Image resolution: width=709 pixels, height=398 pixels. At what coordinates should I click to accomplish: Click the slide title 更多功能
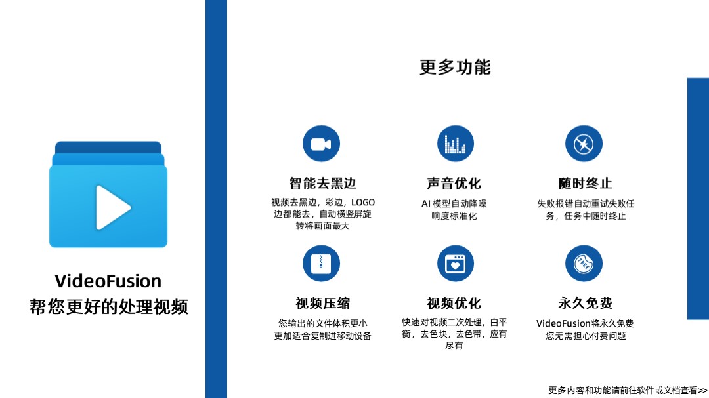(x=455, y=68)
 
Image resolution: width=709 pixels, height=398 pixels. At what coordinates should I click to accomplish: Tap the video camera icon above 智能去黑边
(x=321, y=144)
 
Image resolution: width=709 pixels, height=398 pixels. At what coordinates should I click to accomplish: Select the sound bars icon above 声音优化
(x=455, y=144)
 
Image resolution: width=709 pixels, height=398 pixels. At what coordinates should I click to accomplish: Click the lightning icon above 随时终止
(x=584, y=144)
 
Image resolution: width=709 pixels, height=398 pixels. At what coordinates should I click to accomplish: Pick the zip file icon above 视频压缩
(x=321, y=264)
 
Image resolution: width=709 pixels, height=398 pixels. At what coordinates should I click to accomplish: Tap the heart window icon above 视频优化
(x=455, y=264)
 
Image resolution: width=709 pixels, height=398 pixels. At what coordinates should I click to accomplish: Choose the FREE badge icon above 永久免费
(x=584, y=264)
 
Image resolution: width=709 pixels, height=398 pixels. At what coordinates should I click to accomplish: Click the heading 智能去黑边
(x=322, y=184)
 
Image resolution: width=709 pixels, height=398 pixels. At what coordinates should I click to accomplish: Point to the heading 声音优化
(x=454, y=184)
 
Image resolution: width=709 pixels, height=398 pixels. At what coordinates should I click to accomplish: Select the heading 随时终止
(x=585, y=184)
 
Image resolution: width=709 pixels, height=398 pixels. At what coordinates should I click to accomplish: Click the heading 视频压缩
(x=322, y=304)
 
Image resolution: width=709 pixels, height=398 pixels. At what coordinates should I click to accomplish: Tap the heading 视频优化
(x=454, y=304)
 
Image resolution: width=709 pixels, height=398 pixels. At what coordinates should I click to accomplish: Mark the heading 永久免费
(x=585, y=304)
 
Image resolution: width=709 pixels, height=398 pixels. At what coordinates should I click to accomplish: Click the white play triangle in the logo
(x=112, y=207)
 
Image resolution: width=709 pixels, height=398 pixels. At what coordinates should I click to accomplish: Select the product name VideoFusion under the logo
(x=108, y=281)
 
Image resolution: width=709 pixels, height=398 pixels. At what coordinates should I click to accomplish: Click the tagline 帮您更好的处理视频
(x=108, y=307)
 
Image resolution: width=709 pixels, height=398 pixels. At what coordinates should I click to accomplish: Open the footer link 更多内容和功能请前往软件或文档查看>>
(x=628, y=390)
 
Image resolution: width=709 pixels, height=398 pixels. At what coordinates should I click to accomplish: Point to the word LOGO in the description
(x=363, y=203)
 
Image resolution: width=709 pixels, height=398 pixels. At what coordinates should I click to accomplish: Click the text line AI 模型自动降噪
(x=454, y=204)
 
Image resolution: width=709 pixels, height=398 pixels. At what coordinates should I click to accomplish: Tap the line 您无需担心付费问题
(x=585, y=336)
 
